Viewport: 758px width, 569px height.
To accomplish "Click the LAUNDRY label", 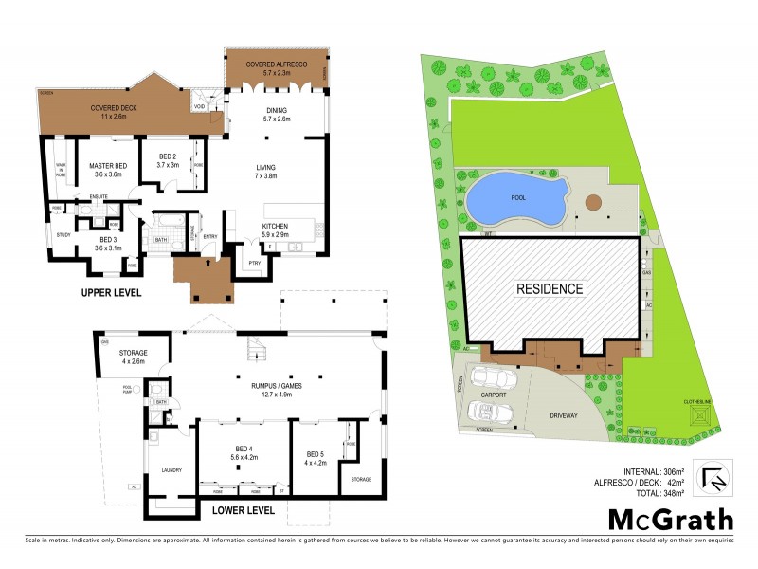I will (x=171, y=469).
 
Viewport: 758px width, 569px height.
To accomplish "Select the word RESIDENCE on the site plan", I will (x=550, y=288).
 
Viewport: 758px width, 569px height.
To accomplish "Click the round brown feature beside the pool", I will (x=594, y=202).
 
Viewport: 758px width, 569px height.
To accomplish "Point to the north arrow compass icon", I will (x=714, y=477).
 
